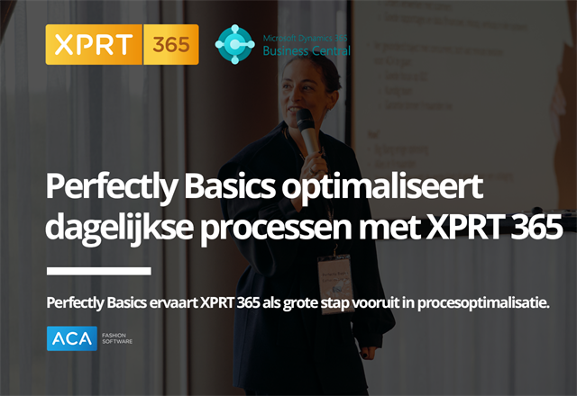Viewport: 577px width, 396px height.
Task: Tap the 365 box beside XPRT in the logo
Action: (x=169, y=44)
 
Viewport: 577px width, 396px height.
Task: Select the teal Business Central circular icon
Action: (x=234, y=44)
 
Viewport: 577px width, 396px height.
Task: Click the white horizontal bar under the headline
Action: (x=98, y=270)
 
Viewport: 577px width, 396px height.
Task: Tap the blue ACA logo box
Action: (x=72, y=338)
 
